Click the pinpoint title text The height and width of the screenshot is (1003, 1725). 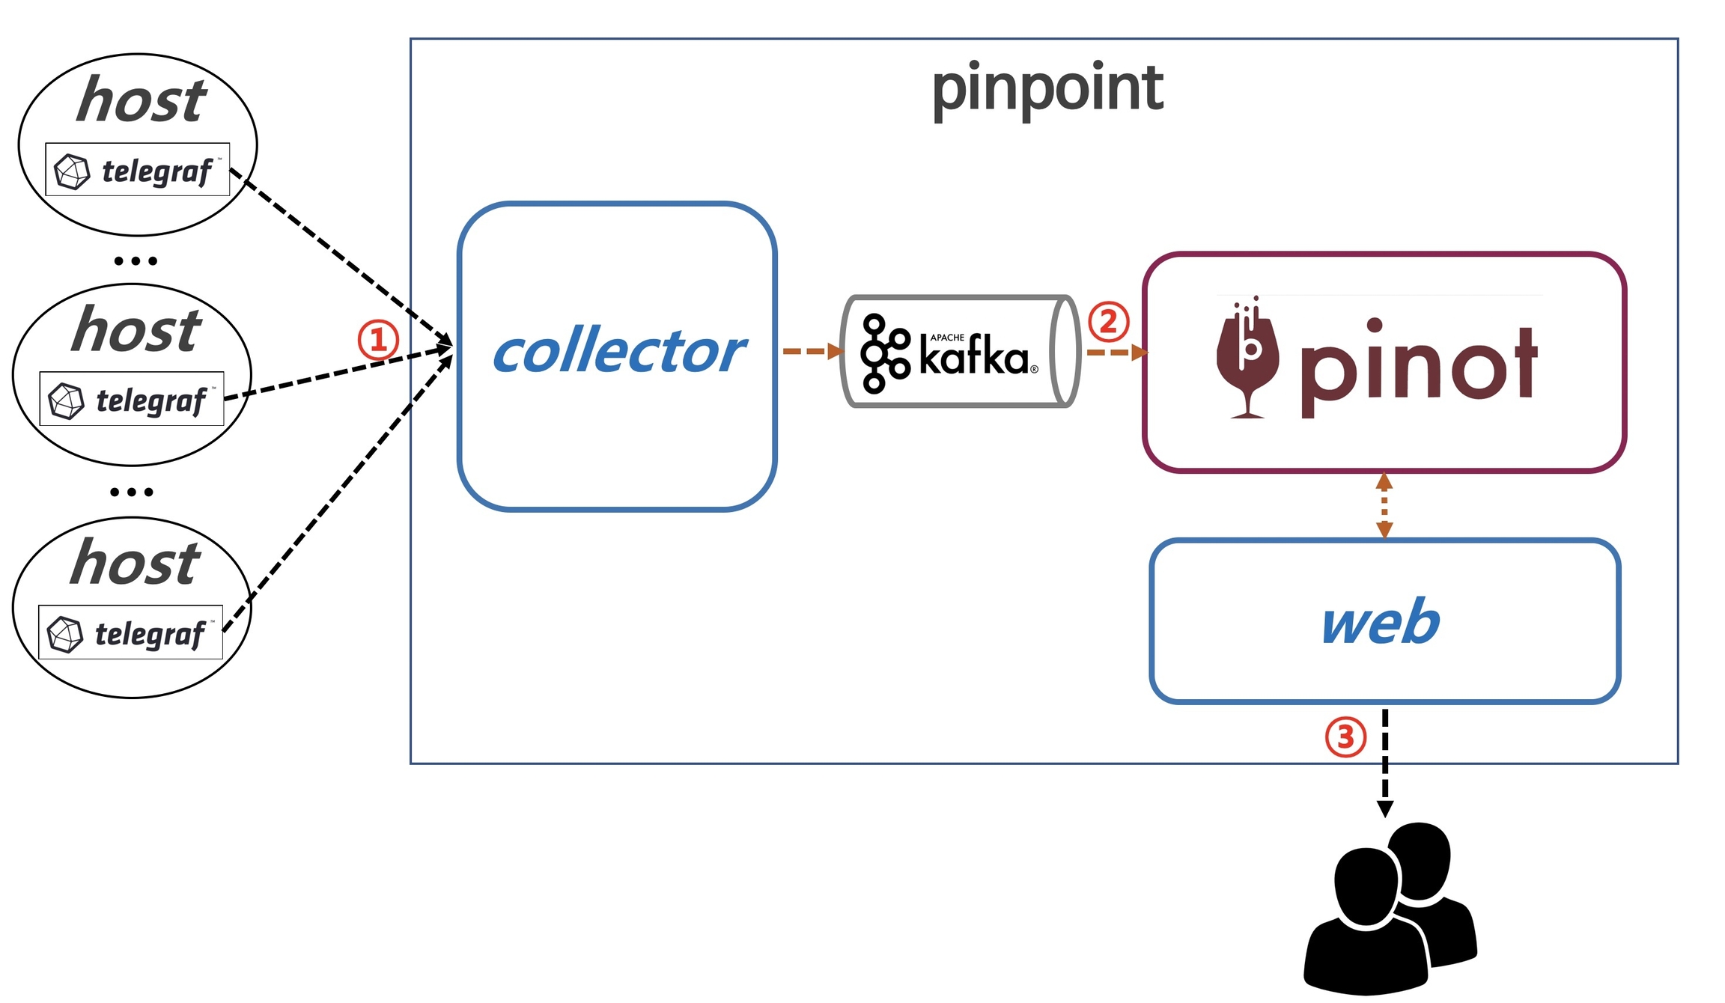click(1047, 90)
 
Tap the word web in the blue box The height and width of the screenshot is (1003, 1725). click(1381, 622)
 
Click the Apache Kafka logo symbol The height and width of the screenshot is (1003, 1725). click(884, 353)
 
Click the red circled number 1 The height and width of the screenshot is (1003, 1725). click(378, 341)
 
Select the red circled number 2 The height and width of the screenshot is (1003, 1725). click(1108, 322)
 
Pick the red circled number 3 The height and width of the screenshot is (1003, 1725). click(1345, 737)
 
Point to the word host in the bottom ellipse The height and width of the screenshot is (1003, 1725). click(136, 563)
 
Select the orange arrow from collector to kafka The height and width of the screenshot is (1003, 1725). click(811, 351)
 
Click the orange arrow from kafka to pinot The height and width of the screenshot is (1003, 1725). click(1116, 352)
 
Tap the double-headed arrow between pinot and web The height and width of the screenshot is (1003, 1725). click(1384, 506)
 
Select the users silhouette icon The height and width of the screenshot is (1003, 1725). click(1390, 909)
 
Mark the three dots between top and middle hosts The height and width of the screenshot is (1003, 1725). click(136, 261)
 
